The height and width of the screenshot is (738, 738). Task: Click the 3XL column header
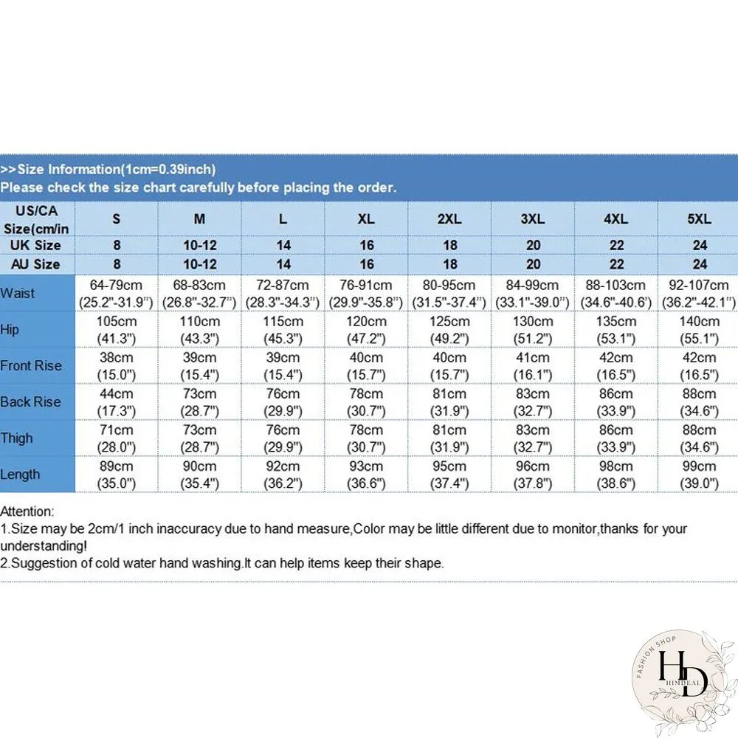click(532, 219)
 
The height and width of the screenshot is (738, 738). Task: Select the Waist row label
click(18, 293)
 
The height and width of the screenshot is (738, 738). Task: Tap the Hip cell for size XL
click(366, 330)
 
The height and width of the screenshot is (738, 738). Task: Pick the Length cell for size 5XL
click(699, 475)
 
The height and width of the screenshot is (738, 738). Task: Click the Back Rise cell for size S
click(117, 402)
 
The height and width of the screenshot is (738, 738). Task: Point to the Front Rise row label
click(31, 366)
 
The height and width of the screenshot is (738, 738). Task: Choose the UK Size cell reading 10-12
click(199, 245)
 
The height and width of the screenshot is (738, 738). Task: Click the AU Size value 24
click(700, 264)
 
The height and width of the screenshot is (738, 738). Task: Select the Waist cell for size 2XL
click(449, 293)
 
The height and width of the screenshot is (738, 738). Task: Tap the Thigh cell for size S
click(117, 438)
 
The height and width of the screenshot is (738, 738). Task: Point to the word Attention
click(27, 511)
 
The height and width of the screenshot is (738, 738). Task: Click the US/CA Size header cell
click(36, 219)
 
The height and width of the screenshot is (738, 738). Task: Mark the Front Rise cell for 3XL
click(532, 366)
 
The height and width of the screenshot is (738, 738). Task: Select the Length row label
click(20, 475)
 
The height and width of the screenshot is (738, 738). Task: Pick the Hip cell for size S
click(117, 330)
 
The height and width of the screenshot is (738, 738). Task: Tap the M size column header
click(199, 219)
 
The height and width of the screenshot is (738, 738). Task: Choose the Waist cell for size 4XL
click(615, 293)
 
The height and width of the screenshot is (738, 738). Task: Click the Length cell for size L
click(283, 475)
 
